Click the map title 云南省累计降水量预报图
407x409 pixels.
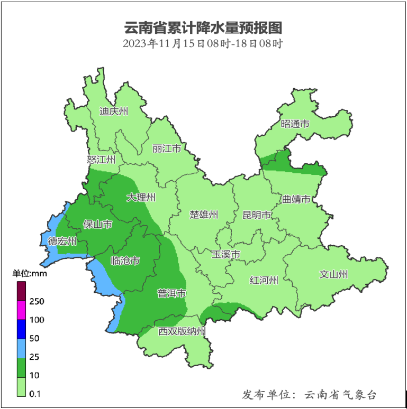point(203,27)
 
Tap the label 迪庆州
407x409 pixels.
point(114,111)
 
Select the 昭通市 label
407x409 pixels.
point(295,124)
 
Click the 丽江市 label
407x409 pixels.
point(167,148)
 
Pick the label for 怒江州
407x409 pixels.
point(101,159)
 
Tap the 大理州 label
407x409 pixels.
point(141,198)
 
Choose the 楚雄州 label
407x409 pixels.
point(204,215)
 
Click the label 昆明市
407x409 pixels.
point(257,215)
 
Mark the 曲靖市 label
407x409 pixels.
point(296,199)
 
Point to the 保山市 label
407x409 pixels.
point(98,225)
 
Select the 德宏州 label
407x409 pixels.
point(62,241)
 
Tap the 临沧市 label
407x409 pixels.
point(125,261)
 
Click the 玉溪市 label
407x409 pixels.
point(226,255)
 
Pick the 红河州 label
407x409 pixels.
point(264,281)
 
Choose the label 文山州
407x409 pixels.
point(334,274)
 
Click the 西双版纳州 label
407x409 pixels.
point(182,331)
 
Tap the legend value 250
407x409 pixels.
point(37,301)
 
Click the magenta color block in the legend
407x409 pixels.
point(21,310)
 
